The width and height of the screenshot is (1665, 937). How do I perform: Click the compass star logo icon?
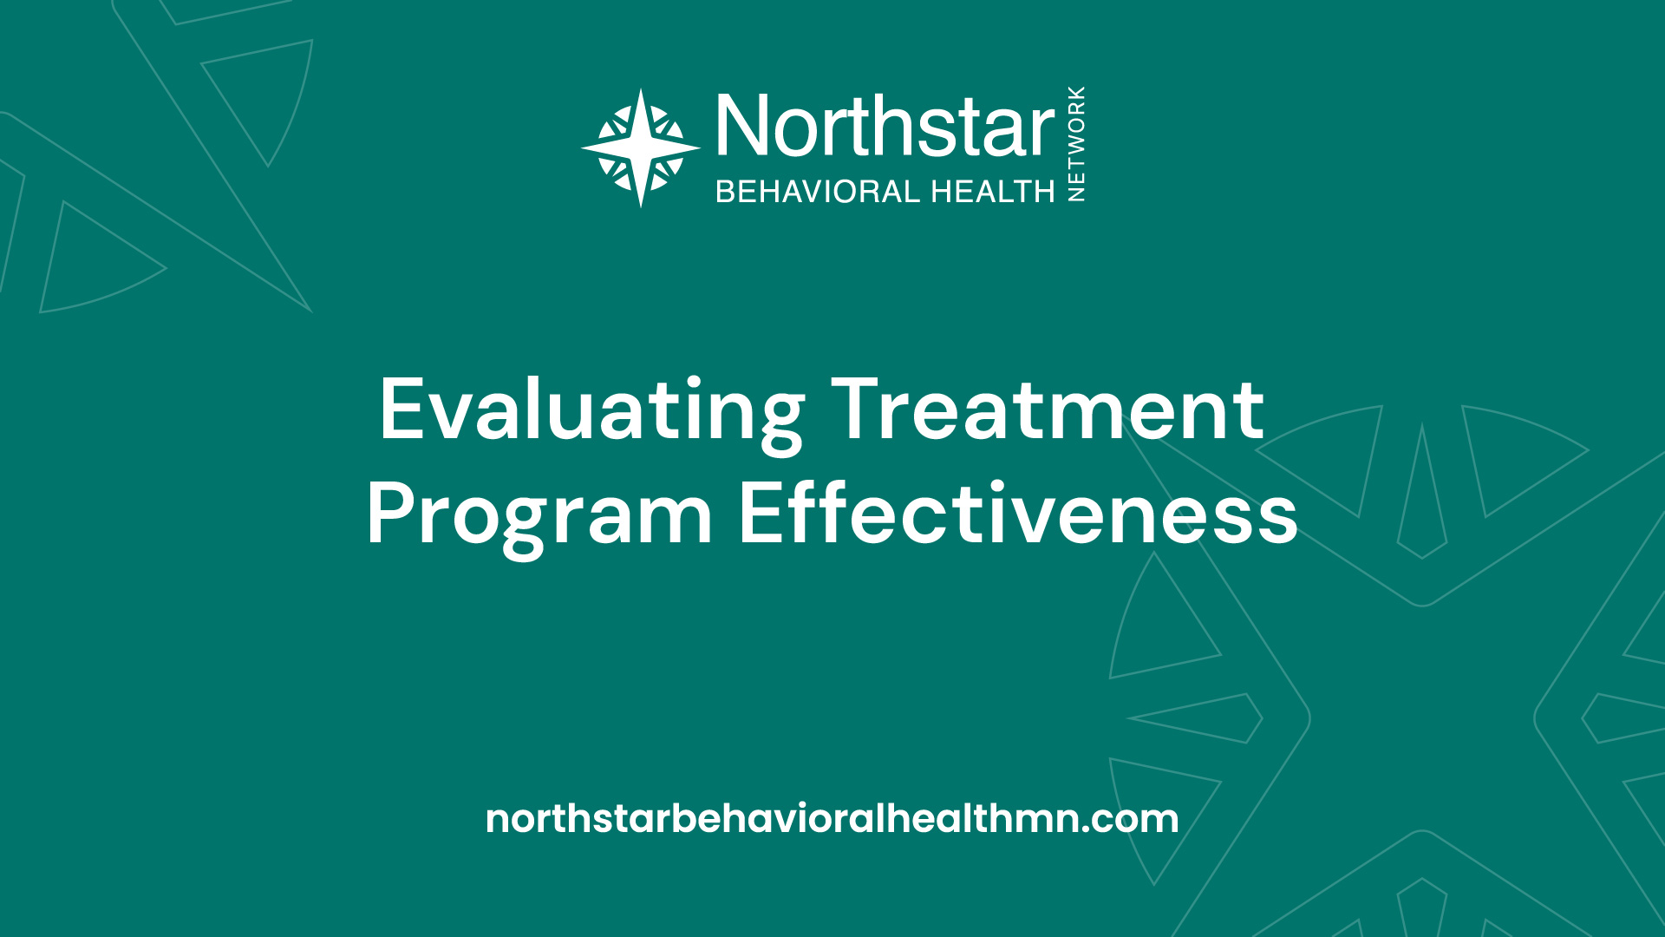[641, 148]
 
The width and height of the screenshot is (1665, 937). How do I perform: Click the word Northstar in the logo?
[885, 127]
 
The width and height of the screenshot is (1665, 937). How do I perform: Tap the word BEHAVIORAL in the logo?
[818, 191]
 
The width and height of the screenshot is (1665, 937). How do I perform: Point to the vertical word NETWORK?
[1076, 144]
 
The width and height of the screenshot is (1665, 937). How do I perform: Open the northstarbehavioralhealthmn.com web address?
[832, 818]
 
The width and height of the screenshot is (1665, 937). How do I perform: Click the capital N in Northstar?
[743, 127]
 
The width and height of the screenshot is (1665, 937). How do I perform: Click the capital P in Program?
[391, 513]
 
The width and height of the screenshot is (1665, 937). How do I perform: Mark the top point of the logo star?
[641, 88]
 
